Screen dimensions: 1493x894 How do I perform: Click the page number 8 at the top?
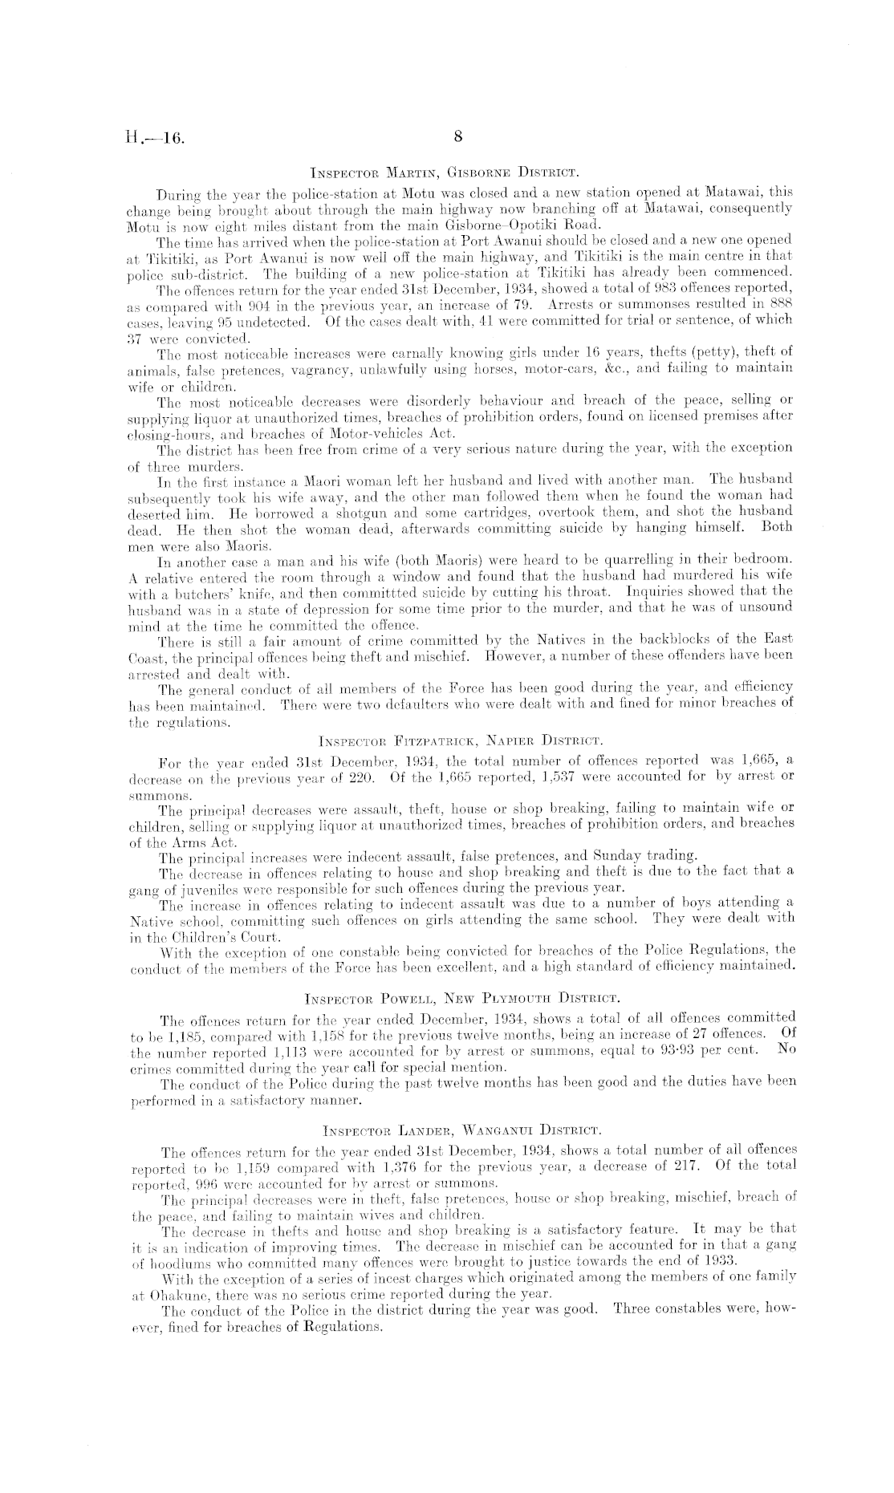tap(458, 137)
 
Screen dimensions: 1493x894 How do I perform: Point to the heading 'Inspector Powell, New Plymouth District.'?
tap(461, 999)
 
